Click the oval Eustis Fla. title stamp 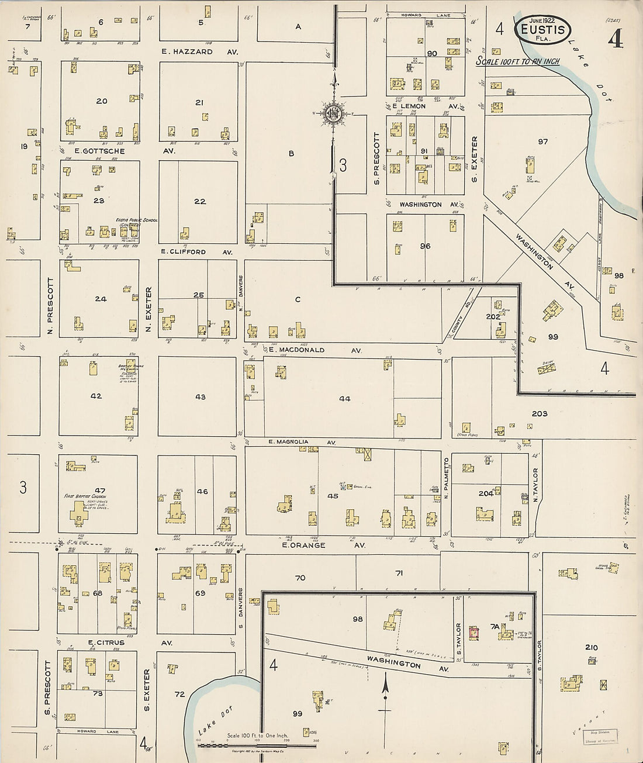pyautogui.click(x=542, y=28)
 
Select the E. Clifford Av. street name pyautogui.click(x=196, y=252)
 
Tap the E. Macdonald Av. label pyautogui.click(x=315, y=350)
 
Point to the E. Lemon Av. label pyautogui.click(x=421, y=106)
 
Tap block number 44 pyautogui.click(x=344, y=399)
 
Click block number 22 pyautogui.click(x=200, y=201)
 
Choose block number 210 pyautogui.click(x=591, y=647)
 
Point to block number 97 pyautogui.click(x=543, y=142)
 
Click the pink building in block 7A pyautogui.click(x=474, y=631)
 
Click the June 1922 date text pyautogui.click(x=541, y=19)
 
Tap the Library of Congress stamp pyautogui.click(x=600, y=738)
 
